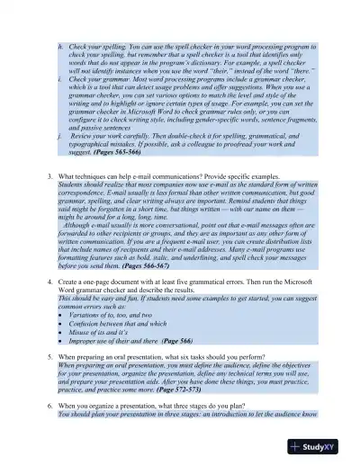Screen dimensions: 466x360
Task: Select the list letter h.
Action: click(59, 43)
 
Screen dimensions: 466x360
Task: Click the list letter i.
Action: click(59, 77)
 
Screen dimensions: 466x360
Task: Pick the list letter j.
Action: click(59, 136)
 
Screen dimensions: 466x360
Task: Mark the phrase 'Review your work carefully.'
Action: click(118, 136)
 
